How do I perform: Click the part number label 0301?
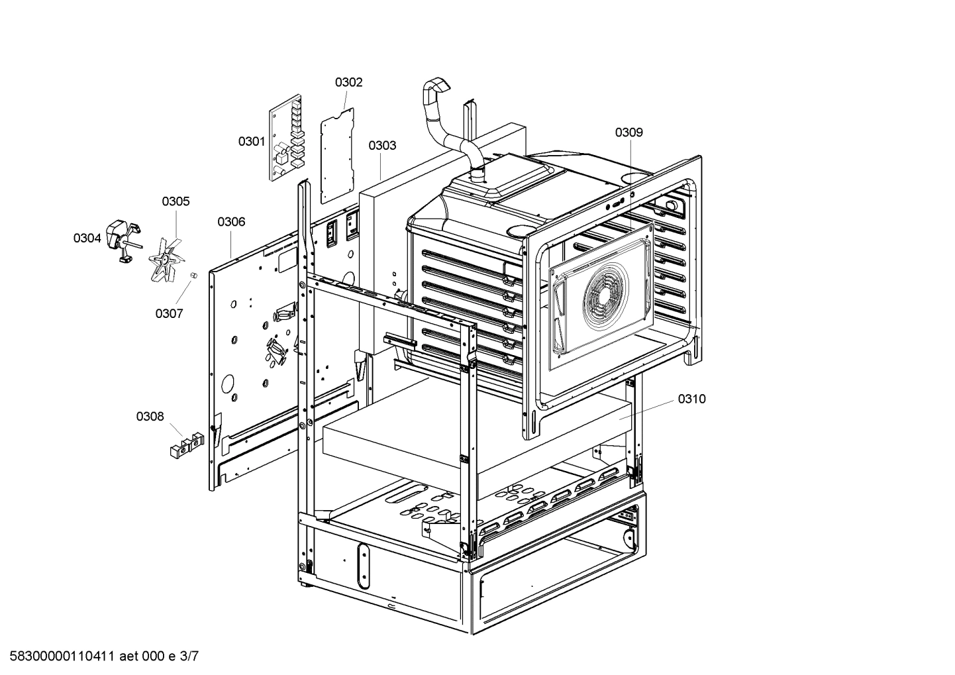252,141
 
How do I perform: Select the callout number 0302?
348,82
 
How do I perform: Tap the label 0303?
382,145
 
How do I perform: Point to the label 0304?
87,238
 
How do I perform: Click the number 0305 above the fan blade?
176,201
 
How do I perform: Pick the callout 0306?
231,221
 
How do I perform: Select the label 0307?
169,313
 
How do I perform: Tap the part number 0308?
150,416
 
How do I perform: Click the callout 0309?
628,132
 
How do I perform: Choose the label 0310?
691,399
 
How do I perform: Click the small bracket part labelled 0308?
186,444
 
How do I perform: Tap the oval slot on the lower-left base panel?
362,565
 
